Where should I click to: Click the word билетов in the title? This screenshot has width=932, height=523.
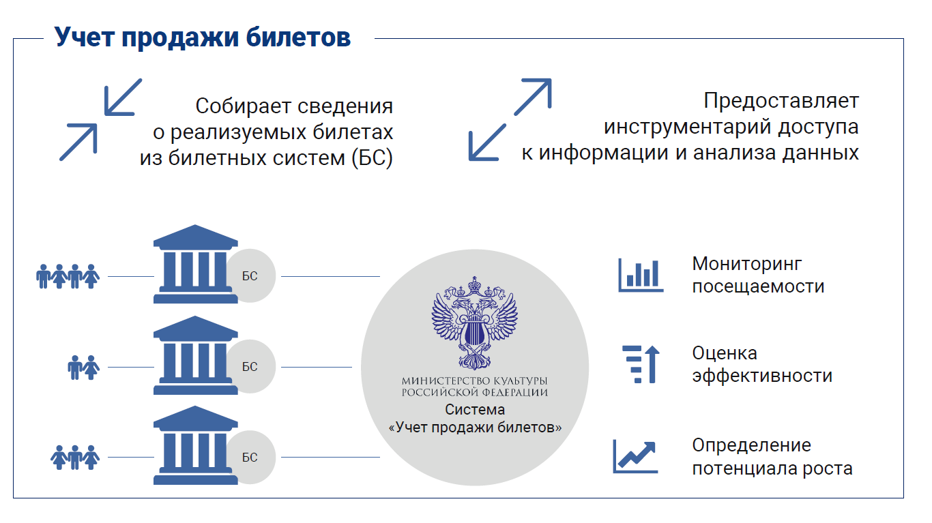(298, 38)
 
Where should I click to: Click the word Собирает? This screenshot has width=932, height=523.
(244, 106)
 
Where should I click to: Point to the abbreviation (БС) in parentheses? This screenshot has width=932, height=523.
(372, 158)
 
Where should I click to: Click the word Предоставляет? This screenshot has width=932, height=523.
(781, 101)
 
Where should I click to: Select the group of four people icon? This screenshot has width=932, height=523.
(68, 276)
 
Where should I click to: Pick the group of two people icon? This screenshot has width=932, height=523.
(84, 367)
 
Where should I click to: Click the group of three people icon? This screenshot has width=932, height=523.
(75, 458)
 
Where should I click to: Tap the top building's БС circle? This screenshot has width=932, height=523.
(251, 275)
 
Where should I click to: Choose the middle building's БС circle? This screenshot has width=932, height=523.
(251, 366)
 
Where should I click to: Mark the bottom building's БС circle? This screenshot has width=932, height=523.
(251, 457)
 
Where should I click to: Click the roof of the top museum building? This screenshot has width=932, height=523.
(196, 237)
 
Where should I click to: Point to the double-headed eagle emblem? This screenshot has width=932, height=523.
(475, 323)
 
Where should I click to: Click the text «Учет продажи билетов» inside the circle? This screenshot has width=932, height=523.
(475, 428)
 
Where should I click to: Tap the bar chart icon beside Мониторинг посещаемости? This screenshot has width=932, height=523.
(641, 275)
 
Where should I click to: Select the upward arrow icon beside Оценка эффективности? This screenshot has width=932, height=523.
(641, 364)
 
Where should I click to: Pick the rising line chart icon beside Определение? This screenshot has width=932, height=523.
(635, 456)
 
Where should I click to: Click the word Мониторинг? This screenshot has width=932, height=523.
(747, 265)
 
